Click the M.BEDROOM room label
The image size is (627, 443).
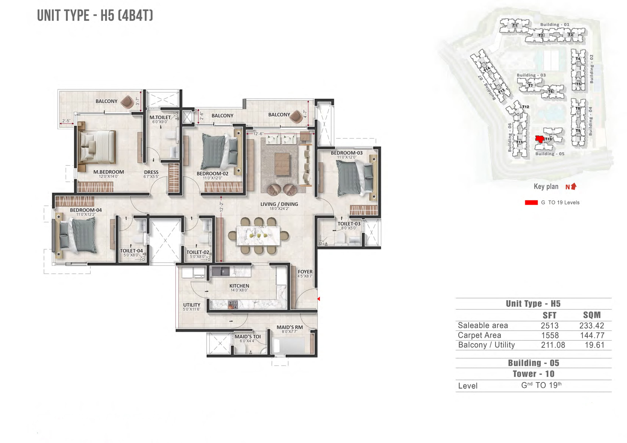click(108, 172)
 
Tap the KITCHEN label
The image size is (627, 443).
click(239, 286)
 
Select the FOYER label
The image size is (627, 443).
click(305, 272)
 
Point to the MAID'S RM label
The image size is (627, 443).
click(290, 327)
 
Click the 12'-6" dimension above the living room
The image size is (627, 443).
click(258, 134)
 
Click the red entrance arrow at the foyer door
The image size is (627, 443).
click(318, 299)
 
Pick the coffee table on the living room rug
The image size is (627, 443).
click(282, 164)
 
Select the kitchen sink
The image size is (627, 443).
click(221, 271)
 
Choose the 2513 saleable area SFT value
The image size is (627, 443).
click(550, 326)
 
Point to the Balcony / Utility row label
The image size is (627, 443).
click(486, 345)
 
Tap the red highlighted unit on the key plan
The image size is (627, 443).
click(539, 139)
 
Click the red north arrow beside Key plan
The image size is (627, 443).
click(574, 186)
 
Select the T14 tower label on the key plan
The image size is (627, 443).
click(487, 69)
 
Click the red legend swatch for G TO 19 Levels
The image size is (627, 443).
click(531, 202)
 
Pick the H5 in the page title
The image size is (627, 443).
click(107, 15)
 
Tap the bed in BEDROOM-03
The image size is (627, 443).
click(355, 177)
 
